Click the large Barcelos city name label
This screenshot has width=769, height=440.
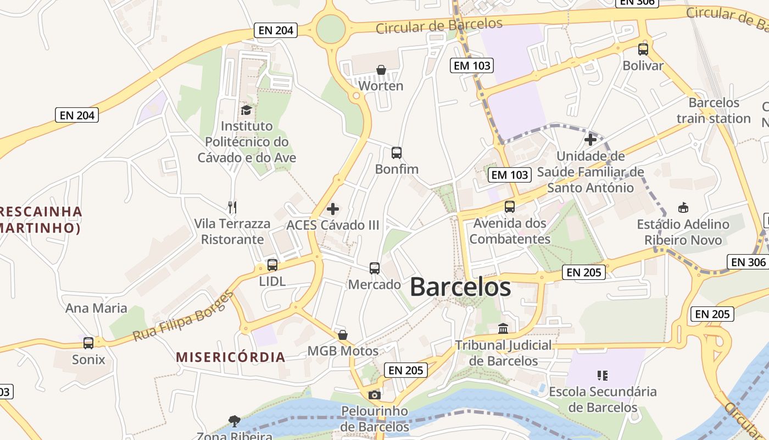tap(460, 287)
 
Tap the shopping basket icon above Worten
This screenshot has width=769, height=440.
tap(381, 70)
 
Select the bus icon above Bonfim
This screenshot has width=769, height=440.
tap(397, 153)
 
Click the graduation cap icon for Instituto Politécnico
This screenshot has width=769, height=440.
tap(246, 110)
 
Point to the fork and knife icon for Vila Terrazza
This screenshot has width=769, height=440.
tap(232, 207)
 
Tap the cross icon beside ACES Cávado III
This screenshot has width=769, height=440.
tap(333, 209)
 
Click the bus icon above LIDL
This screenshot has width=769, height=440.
tap(272, 265)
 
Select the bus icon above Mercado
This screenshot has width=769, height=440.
tap(375, 268)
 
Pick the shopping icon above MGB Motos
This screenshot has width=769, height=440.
tap(343, 335)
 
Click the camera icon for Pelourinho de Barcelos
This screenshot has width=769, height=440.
tap(375, 395)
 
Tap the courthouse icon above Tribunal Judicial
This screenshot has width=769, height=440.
tap(503, 329)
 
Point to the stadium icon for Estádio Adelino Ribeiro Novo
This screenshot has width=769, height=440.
tap(683, 208)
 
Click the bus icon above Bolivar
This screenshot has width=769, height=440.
tap(643, 50)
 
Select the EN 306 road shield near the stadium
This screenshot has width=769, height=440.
tap(748, 262)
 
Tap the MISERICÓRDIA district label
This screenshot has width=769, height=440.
tap(231, 357)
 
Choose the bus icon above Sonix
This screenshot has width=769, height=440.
tap(88, 343)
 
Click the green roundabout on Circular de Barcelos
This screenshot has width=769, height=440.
tap(331, 29)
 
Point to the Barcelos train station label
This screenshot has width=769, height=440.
tap(714, 111)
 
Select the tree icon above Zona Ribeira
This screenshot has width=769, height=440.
tap(235, 421)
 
